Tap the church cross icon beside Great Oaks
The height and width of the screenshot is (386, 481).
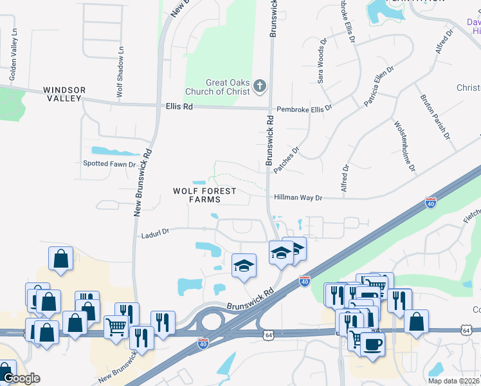[x=260, y=86]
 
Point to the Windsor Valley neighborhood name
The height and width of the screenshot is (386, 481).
[x=64, y=94]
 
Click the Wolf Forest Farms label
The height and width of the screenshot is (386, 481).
[x=204, y=195]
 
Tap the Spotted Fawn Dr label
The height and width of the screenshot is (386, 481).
[x=109, y=164]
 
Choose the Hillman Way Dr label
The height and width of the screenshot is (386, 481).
[x=298, y=198]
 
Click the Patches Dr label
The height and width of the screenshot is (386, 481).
[x=286, y=161]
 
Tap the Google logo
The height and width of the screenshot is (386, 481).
[x=21, y=378]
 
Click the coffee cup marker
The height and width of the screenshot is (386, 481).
[x=372, y=344]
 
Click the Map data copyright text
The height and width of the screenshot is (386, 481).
[x=453, y=381]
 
